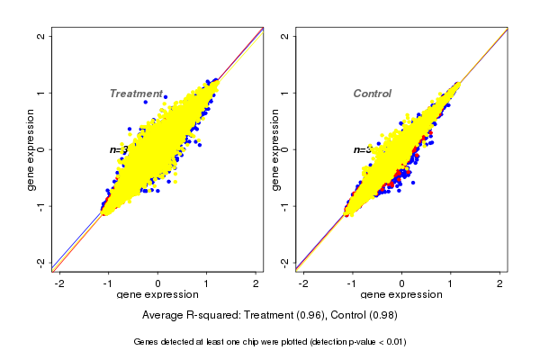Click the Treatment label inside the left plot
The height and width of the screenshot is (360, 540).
136,94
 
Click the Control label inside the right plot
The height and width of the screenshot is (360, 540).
372,94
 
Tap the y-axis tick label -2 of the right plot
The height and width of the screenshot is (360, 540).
285,262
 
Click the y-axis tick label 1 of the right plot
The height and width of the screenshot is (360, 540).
285,93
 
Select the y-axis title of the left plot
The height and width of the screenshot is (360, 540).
31,149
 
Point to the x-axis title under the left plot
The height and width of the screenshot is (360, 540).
157,294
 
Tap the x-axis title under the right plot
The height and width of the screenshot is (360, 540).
401,294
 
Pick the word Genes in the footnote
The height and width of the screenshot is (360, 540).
147,342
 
